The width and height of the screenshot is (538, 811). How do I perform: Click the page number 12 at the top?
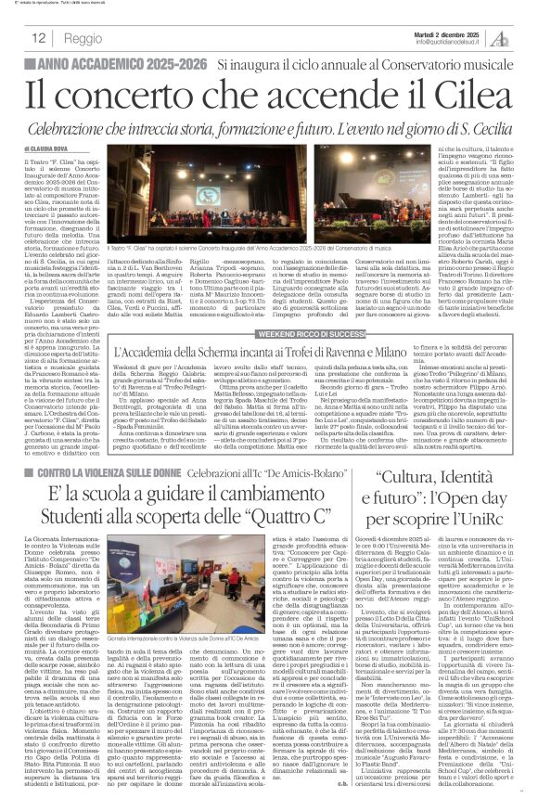(x=39, y=39)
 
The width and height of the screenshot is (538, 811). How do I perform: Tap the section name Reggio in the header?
(x=84, y=39)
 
